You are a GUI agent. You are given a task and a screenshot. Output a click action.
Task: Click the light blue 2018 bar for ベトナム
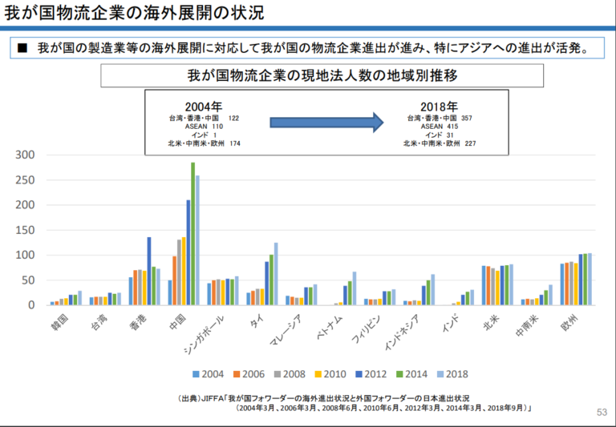click(x=354, y=288)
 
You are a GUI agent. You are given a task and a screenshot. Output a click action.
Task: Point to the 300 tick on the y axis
click(x=24, y=155)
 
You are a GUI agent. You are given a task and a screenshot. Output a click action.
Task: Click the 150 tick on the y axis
click(x=24, y=230)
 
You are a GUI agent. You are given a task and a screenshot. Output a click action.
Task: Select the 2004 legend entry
click(x=208, y=373)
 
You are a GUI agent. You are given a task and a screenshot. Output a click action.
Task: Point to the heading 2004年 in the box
click(x=203, y=106)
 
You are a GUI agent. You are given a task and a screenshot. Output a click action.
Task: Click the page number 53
click(x=602, y=413)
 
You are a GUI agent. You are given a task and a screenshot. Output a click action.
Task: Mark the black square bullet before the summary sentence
click(x=22, y=46)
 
